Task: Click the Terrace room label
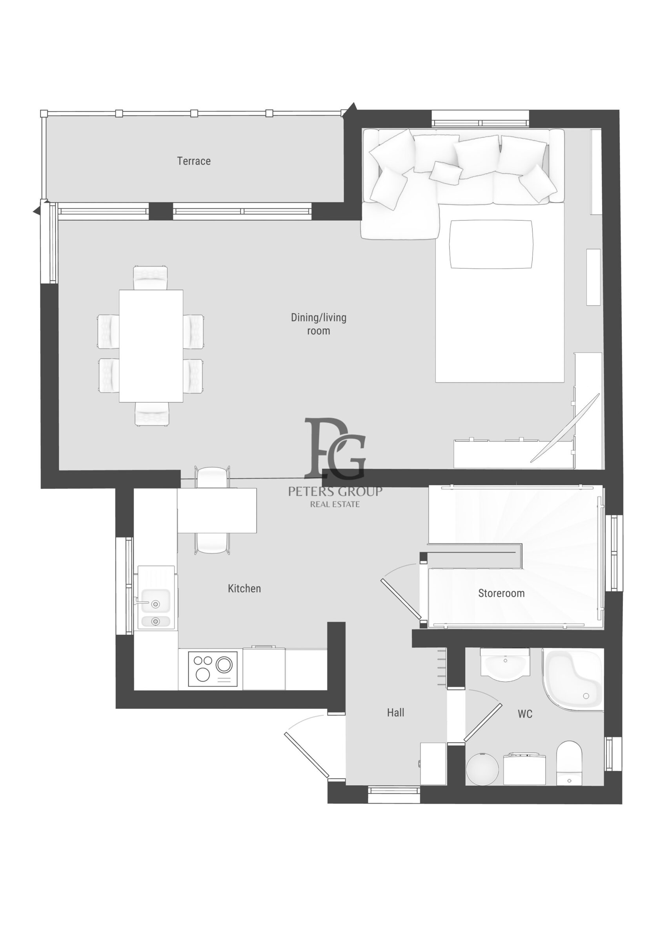[194, 161]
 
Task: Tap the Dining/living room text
[319, 324]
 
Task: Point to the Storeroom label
[501, 593]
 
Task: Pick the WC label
[525, 714]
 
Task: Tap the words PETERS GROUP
[335, 491]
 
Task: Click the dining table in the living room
[151, 346]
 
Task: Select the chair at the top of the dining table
[150, 278]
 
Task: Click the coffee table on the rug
[491, 244]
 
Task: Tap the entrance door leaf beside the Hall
[307, 755]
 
